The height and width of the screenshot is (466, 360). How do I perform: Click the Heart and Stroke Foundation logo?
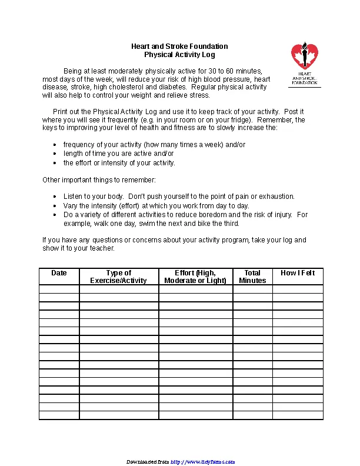click(305, 64)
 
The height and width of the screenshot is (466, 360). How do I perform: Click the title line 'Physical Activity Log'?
click(179, 55)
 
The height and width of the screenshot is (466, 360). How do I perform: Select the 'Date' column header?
click(59, 273)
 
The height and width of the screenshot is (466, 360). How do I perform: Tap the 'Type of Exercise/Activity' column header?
click(118, 277)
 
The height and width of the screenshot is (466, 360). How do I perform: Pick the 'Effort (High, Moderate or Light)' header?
click(195, 277)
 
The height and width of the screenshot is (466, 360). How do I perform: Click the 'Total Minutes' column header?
click(252, 277)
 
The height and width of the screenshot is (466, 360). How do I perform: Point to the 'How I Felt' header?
click(298, 273)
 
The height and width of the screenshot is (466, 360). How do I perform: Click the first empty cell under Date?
click(59, 289)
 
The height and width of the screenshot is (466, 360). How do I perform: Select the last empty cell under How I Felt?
click(298, 415)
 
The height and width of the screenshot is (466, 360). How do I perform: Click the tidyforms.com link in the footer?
click(203, 462)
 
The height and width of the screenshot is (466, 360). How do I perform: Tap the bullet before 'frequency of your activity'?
click(55, 145)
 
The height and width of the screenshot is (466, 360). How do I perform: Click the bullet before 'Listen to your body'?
click(55, 197)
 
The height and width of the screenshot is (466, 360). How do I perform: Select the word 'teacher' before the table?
click(102, 248)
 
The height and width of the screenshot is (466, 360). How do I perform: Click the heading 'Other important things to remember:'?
click(99, 179)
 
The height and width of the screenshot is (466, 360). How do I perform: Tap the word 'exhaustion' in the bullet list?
click(278, 197)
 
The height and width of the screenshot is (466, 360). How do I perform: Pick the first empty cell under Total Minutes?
click(252, 289)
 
